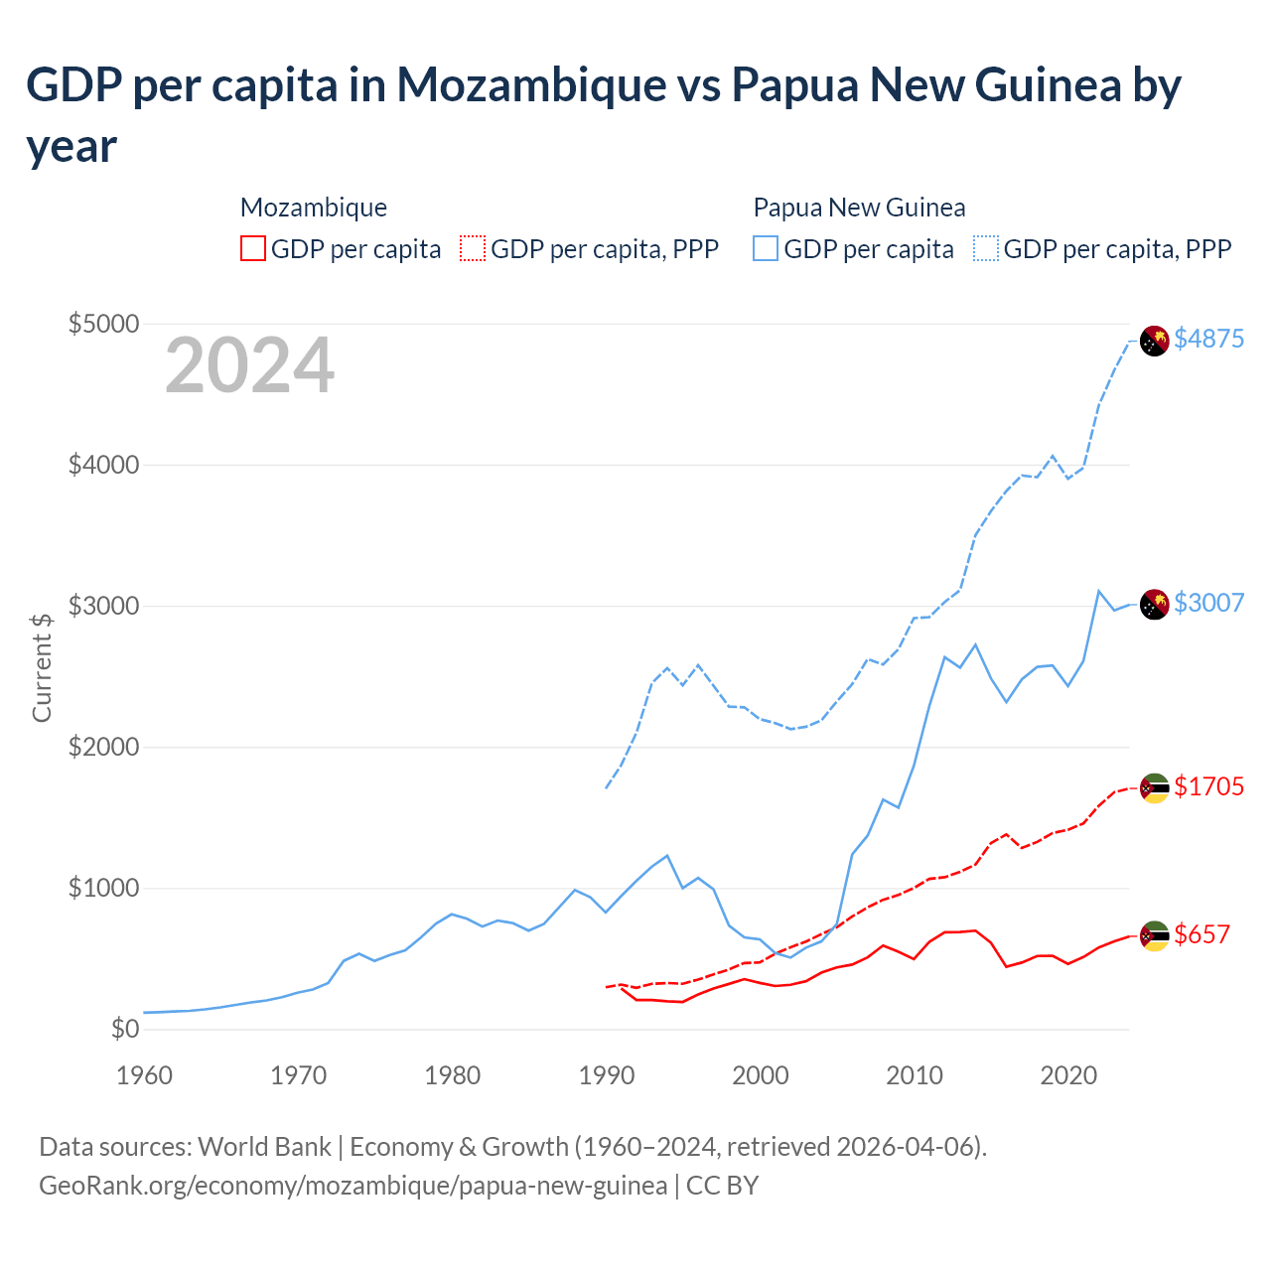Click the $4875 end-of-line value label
pos(1208,339)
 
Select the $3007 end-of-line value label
pos(1208,603)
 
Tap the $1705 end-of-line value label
pos(1208,786)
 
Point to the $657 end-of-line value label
pos(1201,934)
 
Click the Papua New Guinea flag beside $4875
pos(1154,341)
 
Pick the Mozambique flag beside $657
pos(1154,935)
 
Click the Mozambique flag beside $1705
pos(1154,788)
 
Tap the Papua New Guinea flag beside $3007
pos(1154,604)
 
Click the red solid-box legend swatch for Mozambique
pos(253,248)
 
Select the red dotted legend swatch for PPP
pos(473,248)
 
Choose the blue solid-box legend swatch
pos(766,248)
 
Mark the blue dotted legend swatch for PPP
pos(986,248)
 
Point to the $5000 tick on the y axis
pos(103,324)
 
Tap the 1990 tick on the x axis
pos(606,1075)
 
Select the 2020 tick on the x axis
pos(1067,1075)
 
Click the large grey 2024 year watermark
pos(249,365)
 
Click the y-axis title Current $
pos(42,667)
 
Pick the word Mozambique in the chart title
pos(531,85)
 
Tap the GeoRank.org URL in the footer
pos(353,1186)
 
